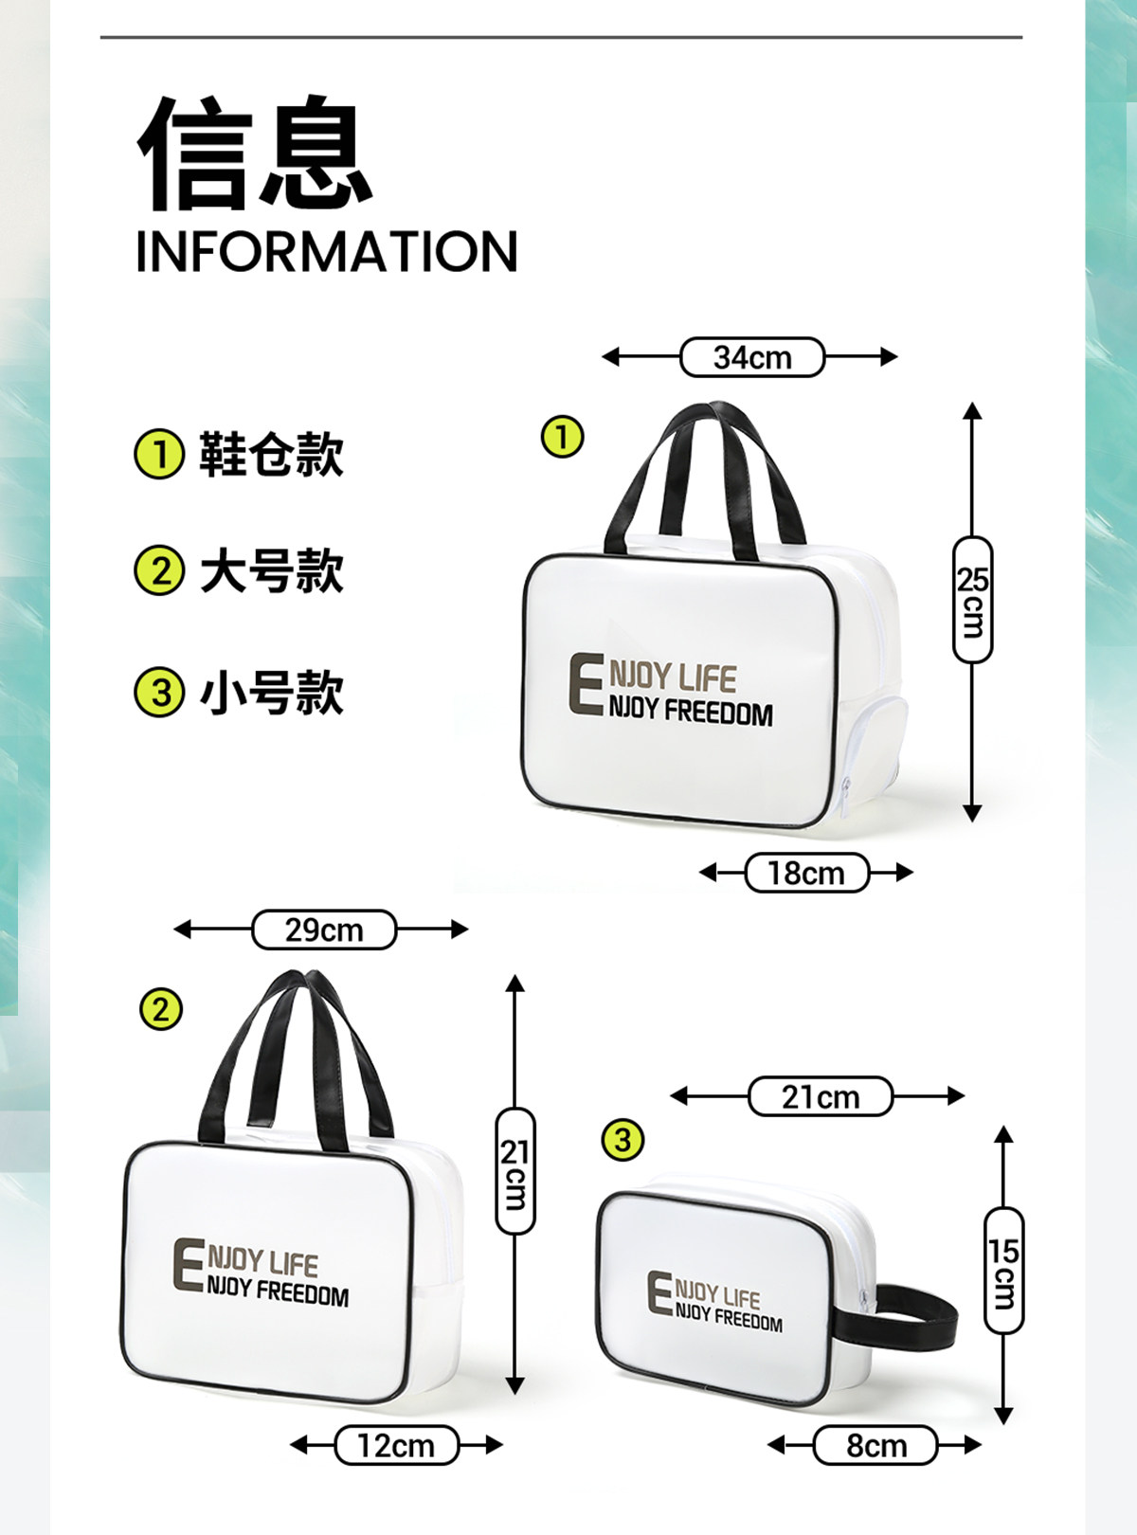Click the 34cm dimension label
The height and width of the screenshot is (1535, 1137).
click(752, 357)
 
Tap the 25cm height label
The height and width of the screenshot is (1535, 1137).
click(972, 599)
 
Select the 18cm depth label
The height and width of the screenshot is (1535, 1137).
click(806, 873)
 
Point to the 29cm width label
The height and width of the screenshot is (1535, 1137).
click(324, 930)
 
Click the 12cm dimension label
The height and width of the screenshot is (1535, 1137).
click(396, 1445)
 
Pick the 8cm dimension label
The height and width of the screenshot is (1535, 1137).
click(875, 1445)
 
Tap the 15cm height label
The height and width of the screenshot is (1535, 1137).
click(1003, 1270)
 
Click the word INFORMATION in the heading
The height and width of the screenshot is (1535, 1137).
click(327, 251)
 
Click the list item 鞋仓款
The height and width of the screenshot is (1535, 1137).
click(271, 454)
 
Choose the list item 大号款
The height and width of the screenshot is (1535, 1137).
click(271, 571)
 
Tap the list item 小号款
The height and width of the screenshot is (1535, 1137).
click(271, 692)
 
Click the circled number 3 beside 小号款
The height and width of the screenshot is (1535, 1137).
click(159, 692)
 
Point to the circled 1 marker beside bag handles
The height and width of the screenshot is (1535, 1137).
click(562, 438)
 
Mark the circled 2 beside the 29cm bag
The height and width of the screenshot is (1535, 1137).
click(160, 1009)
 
